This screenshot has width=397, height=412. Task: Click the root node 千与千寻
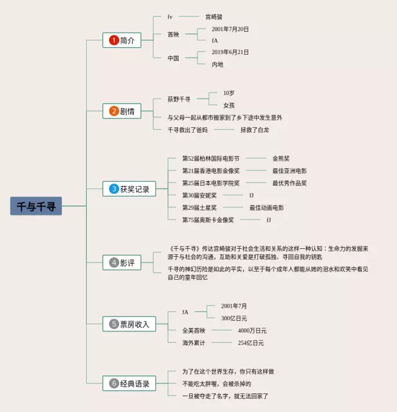tap(36, 207)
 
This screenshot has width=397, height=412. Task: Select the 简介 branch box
tap(123, 40)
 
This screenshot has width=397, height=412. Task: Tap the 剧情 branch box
tap(123, 112)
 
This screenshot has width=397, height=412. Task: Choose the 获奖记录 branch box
tap(129, 189)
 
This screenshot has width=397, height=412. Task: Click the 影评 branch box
tap(123, 262)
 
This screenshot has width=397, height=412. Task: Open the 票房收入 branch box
tap(129, 323)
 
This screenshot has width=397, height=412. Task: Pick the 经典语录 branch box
tap(129, 383)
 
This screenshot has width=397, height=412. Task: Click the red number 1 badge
tap(114, 40)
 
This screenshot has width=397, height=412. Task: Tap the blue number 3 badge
tap(114, 189)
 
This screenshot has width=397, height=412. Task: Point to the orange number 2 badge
tap(114, 112)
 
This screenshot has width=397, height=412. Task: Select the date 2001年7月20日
tap(230, 29)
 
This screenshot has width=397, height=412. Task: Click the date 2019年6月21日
tap(230, 53)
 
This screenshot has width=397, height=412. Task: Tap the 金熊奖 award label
tap(281, 158)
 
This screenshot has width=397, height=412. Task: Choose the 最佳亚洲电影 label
tap(289, 171)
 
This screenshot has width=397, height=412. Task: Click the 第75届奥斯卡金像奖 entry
tap(208, 220)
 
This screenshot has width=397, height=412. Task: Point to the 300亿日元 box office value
tap(234, 318)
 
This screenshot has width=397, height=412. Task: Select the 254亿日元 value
tap(251, 343)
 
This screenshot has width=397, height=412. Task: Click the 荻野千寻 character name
tap(179, 99)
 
